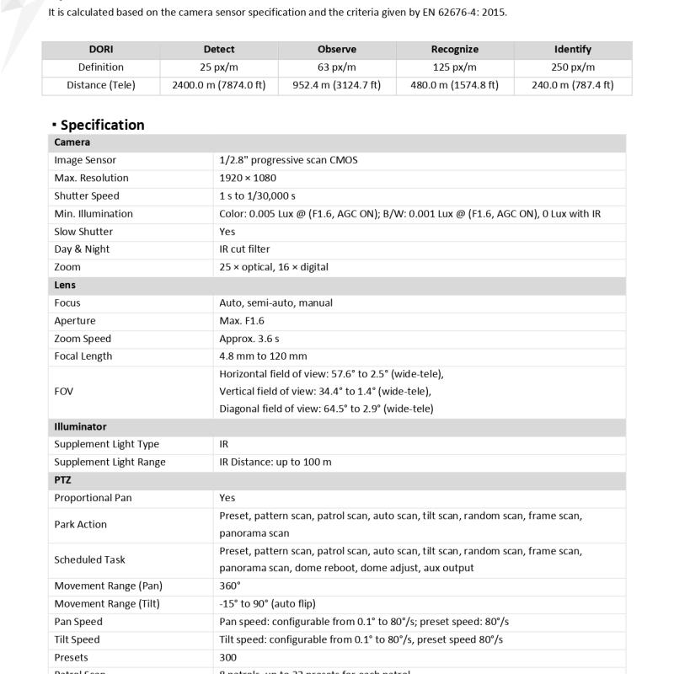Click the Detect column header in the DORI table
(219, 50)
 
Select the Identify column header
(573, 50)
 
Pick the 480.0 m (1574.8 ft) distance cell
(455, 85)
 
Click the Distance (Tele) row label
(101, 85)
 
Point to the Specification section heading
(102, 125)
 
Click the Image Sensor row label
(85, 160)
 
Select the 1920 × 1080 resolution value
(248, 178)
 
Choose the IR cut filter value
(244, 249)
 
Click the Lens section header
(65, 286)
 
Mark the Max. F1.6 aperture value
(242, 321)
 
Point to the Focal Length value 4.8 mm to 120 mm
(263, 356)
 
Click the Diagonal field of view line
(326, 409)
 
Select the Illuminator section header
(80, 427)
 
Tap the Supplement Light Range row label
(110, 463)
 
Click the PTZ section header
(63, 480)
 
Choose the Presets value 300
(227, 658)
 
